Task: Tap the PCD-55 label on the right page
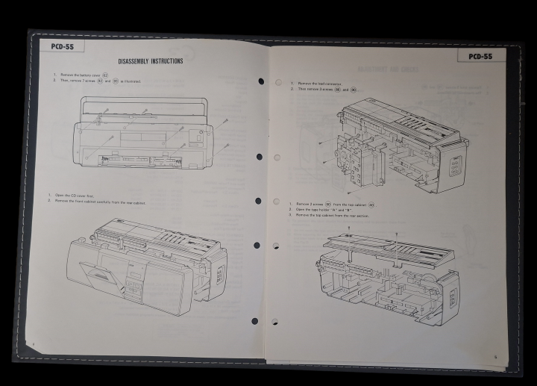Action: [481, 56]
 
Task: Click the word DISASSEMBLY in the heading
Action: [136, 61]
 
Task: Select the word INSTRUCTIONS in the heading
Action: [169, 61]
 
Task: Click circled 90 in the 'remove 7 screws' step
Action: [115, 81]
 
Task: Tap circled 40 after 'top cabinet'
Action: [371, 204]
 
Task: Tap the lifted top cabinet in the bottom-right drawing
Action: [388, 246]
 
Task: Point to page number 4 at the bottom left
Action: [34, 343]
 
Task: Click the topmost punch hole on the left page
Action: [260, 81]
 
